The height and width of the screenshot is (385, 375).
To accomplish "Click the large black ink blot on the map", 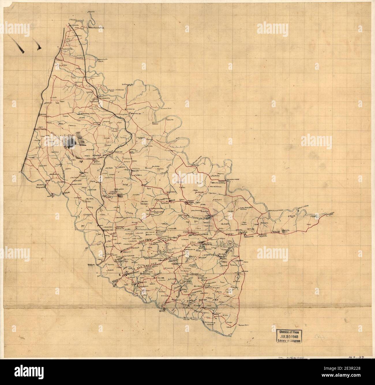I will tap(70, 142).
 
